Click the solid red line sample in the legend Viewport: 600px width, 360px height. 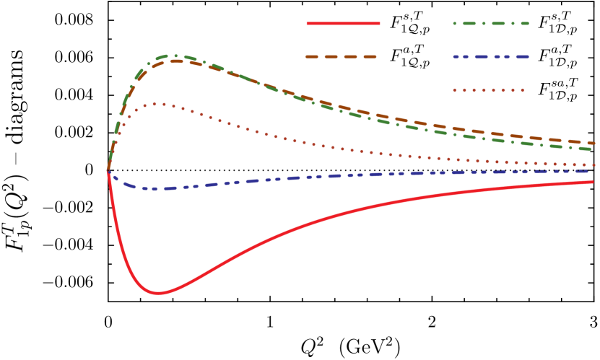pyautogui.click(x=343, y=23)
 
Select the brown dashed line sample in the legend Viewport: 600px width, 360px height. pyautogui.click(x=342, y=56)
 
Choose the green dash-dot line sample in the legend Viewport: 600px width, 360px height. pyautogui.click(x=491, y=23)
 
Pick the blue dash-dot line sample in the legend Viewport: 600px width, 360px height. pyautogui.click(x=491, y=56)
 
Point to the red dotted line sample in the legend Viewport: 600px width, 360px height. pyautogui.click(x=489, y=90)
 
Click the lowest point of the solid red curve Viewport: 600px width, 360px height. pyautogui.click(x=158, y=293)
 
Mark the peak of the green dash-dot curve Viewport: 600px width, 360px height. pyautogui.click(x=174, y=56)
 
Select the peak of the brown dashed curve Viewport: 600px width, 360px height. pyautogui.click(x=177, y=61)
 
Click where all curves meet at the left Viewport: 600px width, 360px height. pyautogui.click(x=108, y=172)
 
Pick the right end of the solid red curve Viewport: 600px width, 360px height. pyautogui.click(x=593, y=182)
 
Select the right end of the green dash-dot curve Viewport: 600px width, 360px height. pyautogui.click(x=593, y=149)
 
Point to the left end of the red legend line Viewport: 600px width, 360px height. pyautogui.click(x=308, y=23)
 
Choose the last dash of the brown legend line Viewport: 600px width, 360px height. pyautogui.click(x=369, y=56)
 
